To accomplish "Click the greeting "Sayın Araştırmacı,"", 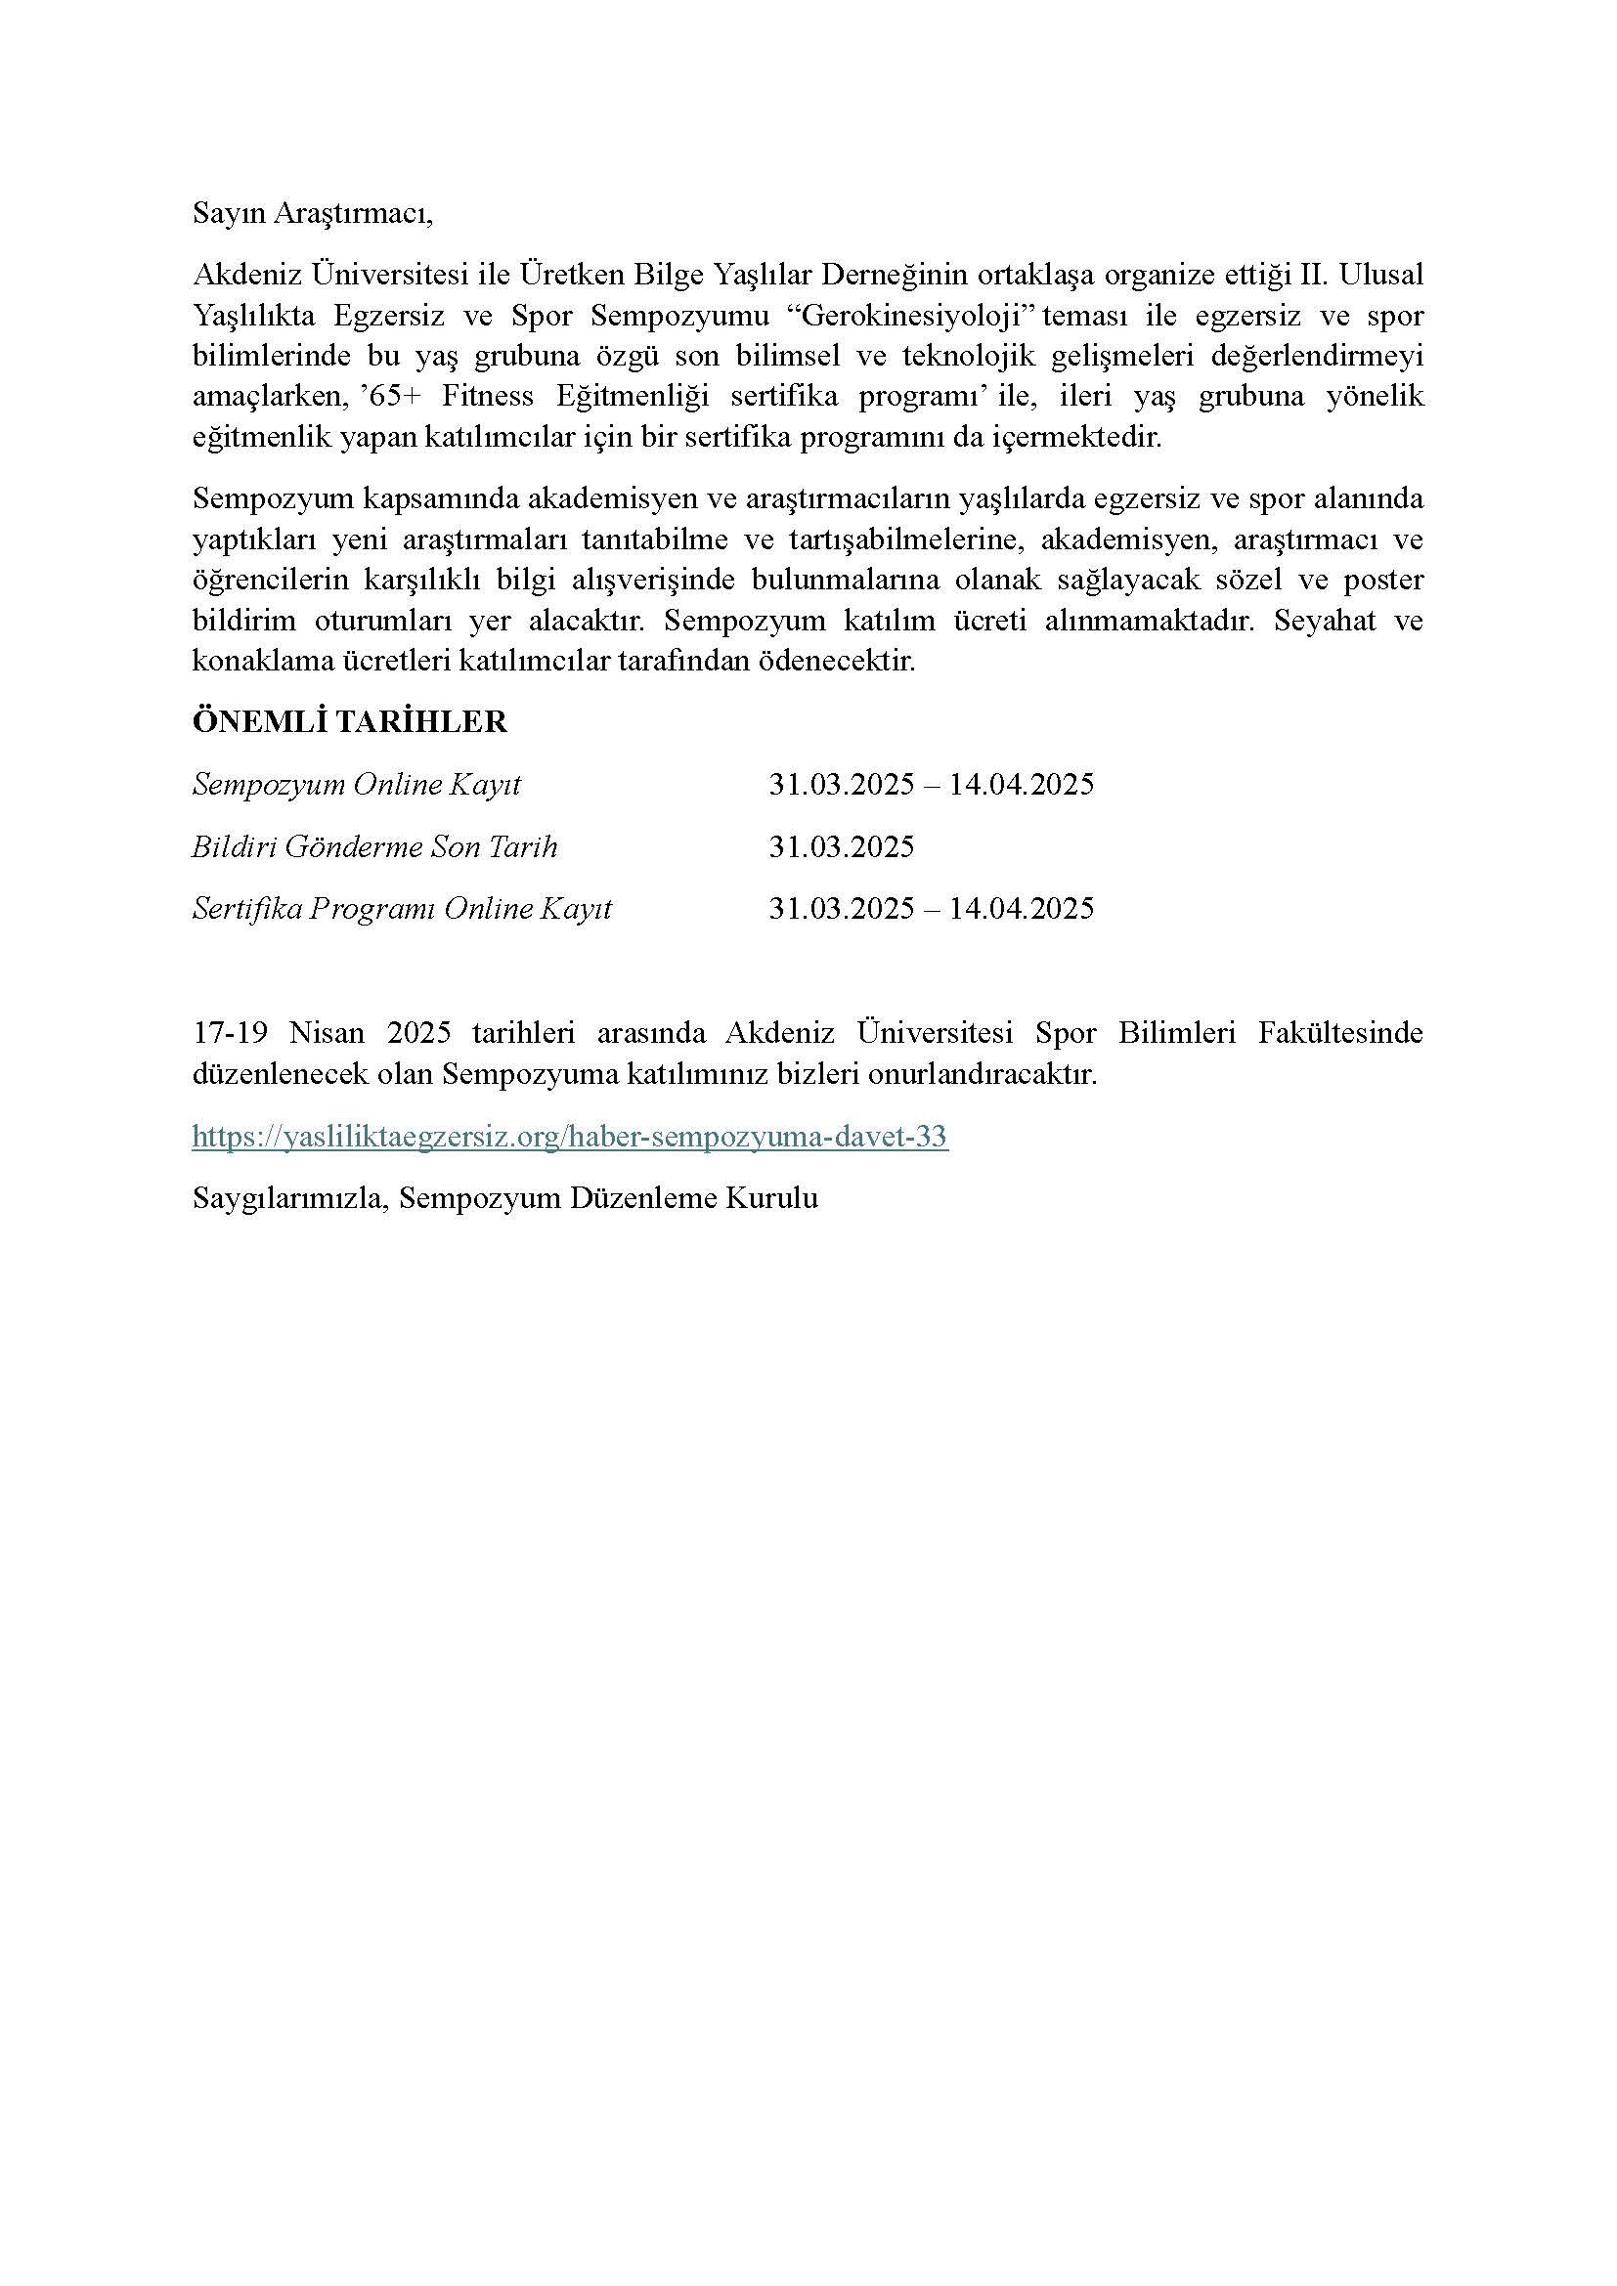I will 313,214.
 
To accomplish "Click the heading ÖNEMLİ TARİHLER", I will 349,722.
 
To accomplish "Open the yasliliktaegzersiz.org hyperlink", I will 570,1136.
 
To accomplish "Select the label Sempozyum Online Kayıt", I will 357,785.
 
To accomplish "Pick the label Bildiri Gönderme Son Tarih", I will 374,846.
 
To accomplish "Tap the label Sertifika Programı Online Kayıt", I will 401,908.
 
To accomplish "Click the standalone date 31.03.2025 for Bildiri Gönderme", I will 842,846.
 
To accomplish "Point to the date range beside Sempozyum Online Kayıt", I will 931,785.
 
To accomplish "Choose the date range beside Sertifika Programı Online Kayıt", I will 931,908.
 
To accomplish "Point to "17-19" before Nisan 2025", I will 230,1032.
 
